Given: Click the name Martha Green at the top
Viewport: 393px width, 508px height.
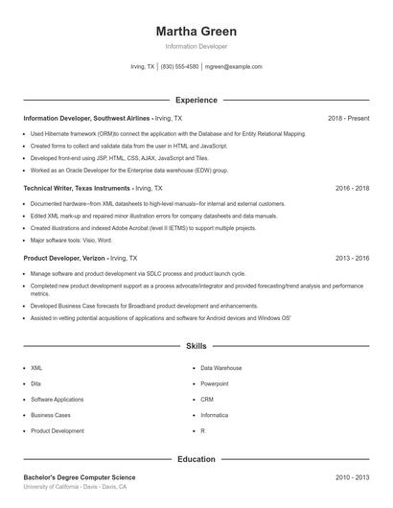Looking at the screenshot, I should click(196, 32).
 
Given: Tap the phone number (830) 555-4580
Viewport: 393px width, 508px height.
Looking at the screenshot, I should click(179, 67).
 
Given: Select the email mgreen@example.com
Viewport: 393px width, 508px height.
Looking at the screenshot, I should click(234, 67).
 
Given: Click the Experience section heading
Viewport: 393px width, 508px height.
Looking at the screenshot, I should click(196, 100).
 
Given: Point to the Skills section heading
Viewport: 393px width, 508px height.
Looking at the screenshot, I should click(196, 346).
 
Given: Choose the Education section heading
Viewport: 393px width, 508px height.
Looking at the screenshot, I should click(196, 459).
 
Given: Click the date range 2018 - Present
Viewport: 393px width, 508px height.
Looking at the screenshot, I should click(348, 118).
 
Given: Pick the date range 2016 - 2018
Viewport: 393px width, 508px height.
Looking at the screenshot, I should click(352, 188).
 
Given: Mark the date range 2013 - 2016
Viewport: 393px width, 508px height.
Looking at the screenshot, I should click(352, 258).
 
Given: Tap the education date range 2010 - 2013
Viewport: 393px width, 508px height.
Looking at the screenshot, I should click(352, 476).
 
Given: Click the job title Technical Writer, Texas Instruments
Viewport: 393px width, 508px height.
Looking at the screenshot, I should click(78, 188).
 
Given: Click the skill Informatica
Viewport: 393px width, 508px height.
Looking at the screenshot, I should click(216, 415).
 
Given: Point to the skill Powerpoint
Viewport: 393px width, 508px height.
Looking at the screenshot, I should click(215, 383).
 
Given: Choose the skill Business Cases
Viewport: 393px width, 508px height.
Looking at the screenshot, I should click(51, 415).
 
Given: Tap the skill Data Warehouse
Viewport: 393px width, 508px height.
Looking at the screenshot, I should click(220, 368).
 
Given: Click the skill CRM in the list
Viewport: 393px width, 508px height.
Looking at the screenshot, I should click(207, 399).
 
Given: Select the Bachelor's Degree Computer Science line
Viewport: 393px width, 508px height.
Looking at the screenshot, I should click(80, 476).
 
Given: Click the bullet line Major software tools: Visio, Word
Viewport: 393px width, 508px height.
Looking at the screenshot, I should click(71, 240).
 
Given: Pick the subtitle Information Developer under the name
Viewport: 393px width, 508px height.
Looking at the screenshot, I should click(196, 46).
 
